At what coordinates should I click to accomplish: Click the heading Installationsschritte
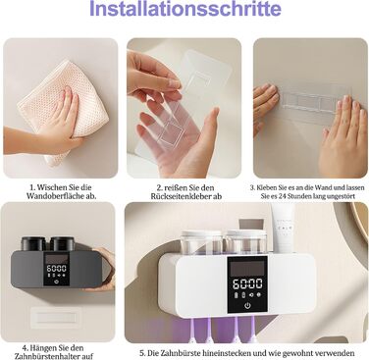(x=185, y=9)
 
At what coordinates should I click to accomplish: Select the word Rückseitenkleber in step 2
(x=182, y=196)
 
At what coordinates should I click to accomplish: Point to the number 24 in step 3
(x=283, y=196)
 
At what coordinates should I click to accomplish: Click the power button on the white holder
(x=247, y=306)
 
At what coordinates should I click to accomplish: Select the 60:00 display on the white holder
(x=247, y=283)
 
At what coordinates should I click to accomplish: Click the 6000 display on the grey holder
(x=57, y=269)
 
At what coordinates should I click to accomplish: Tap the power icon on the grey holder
(x=57, y=282)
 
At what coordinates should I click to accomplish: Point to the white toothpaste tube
(x=283, y=227)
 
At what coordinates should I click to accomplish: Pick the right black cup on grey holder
(x=63, y=244)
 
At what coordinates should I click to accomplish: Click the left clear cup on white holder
(x=201, y=242)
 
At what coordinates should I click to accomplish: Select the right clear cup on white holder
(x=247, y=242)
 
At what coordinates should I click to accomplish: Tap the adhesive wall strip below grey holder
(x=55, y=317)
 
